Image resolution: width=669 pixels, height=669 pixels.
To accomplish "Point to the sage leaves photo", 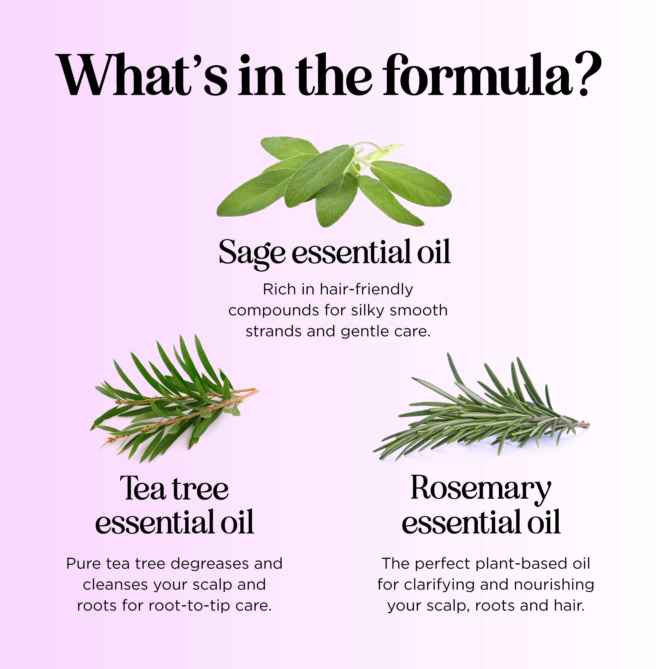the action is pyautogui.click(x=334, y=182).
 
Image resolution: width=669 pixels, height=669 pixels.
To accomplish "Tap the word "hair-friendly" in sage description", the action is pyautogui.click(x=366, y=289).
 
